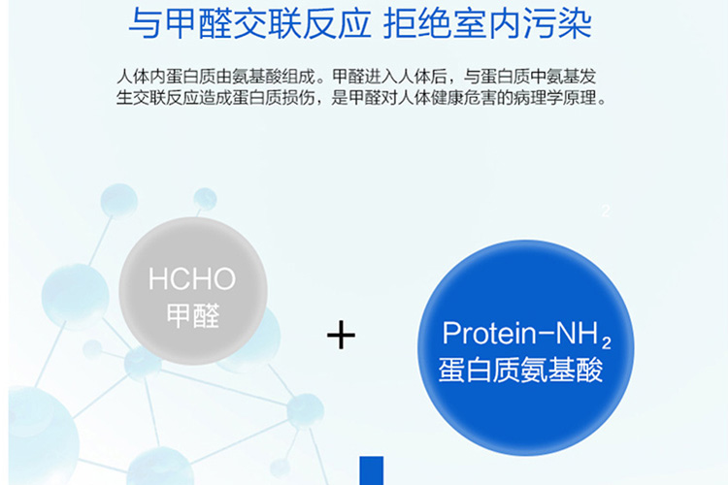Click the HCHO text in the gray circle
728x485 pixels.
point(192,279)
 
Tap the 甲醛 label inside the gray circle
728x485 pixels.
point(193,316)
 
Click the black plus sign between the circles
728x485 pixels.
point(341,335)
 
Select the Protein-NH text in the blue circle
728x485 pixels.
point(521,333)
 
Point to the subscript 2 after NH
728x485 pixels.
point(606,343)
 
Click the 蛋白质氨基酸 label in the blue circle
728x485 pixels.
point(521,370)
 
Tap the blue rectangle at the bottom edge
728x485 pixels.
point(372,470)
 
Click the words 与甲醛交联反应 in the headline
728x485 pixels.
point(249,23)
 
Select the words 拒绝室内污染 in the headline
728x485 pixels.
point(487,23)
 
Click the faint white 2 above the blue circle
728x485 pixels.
point(606,211)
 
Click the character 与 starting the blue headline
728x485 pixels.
point(146,23)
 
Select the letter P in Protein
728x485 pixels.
point(450,334)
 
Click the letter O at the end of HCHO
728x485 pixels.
point(225,279)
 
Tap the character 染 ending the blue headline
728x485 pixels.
point(576,23)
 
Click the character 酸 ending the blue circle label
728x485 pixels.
point(590,370)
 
